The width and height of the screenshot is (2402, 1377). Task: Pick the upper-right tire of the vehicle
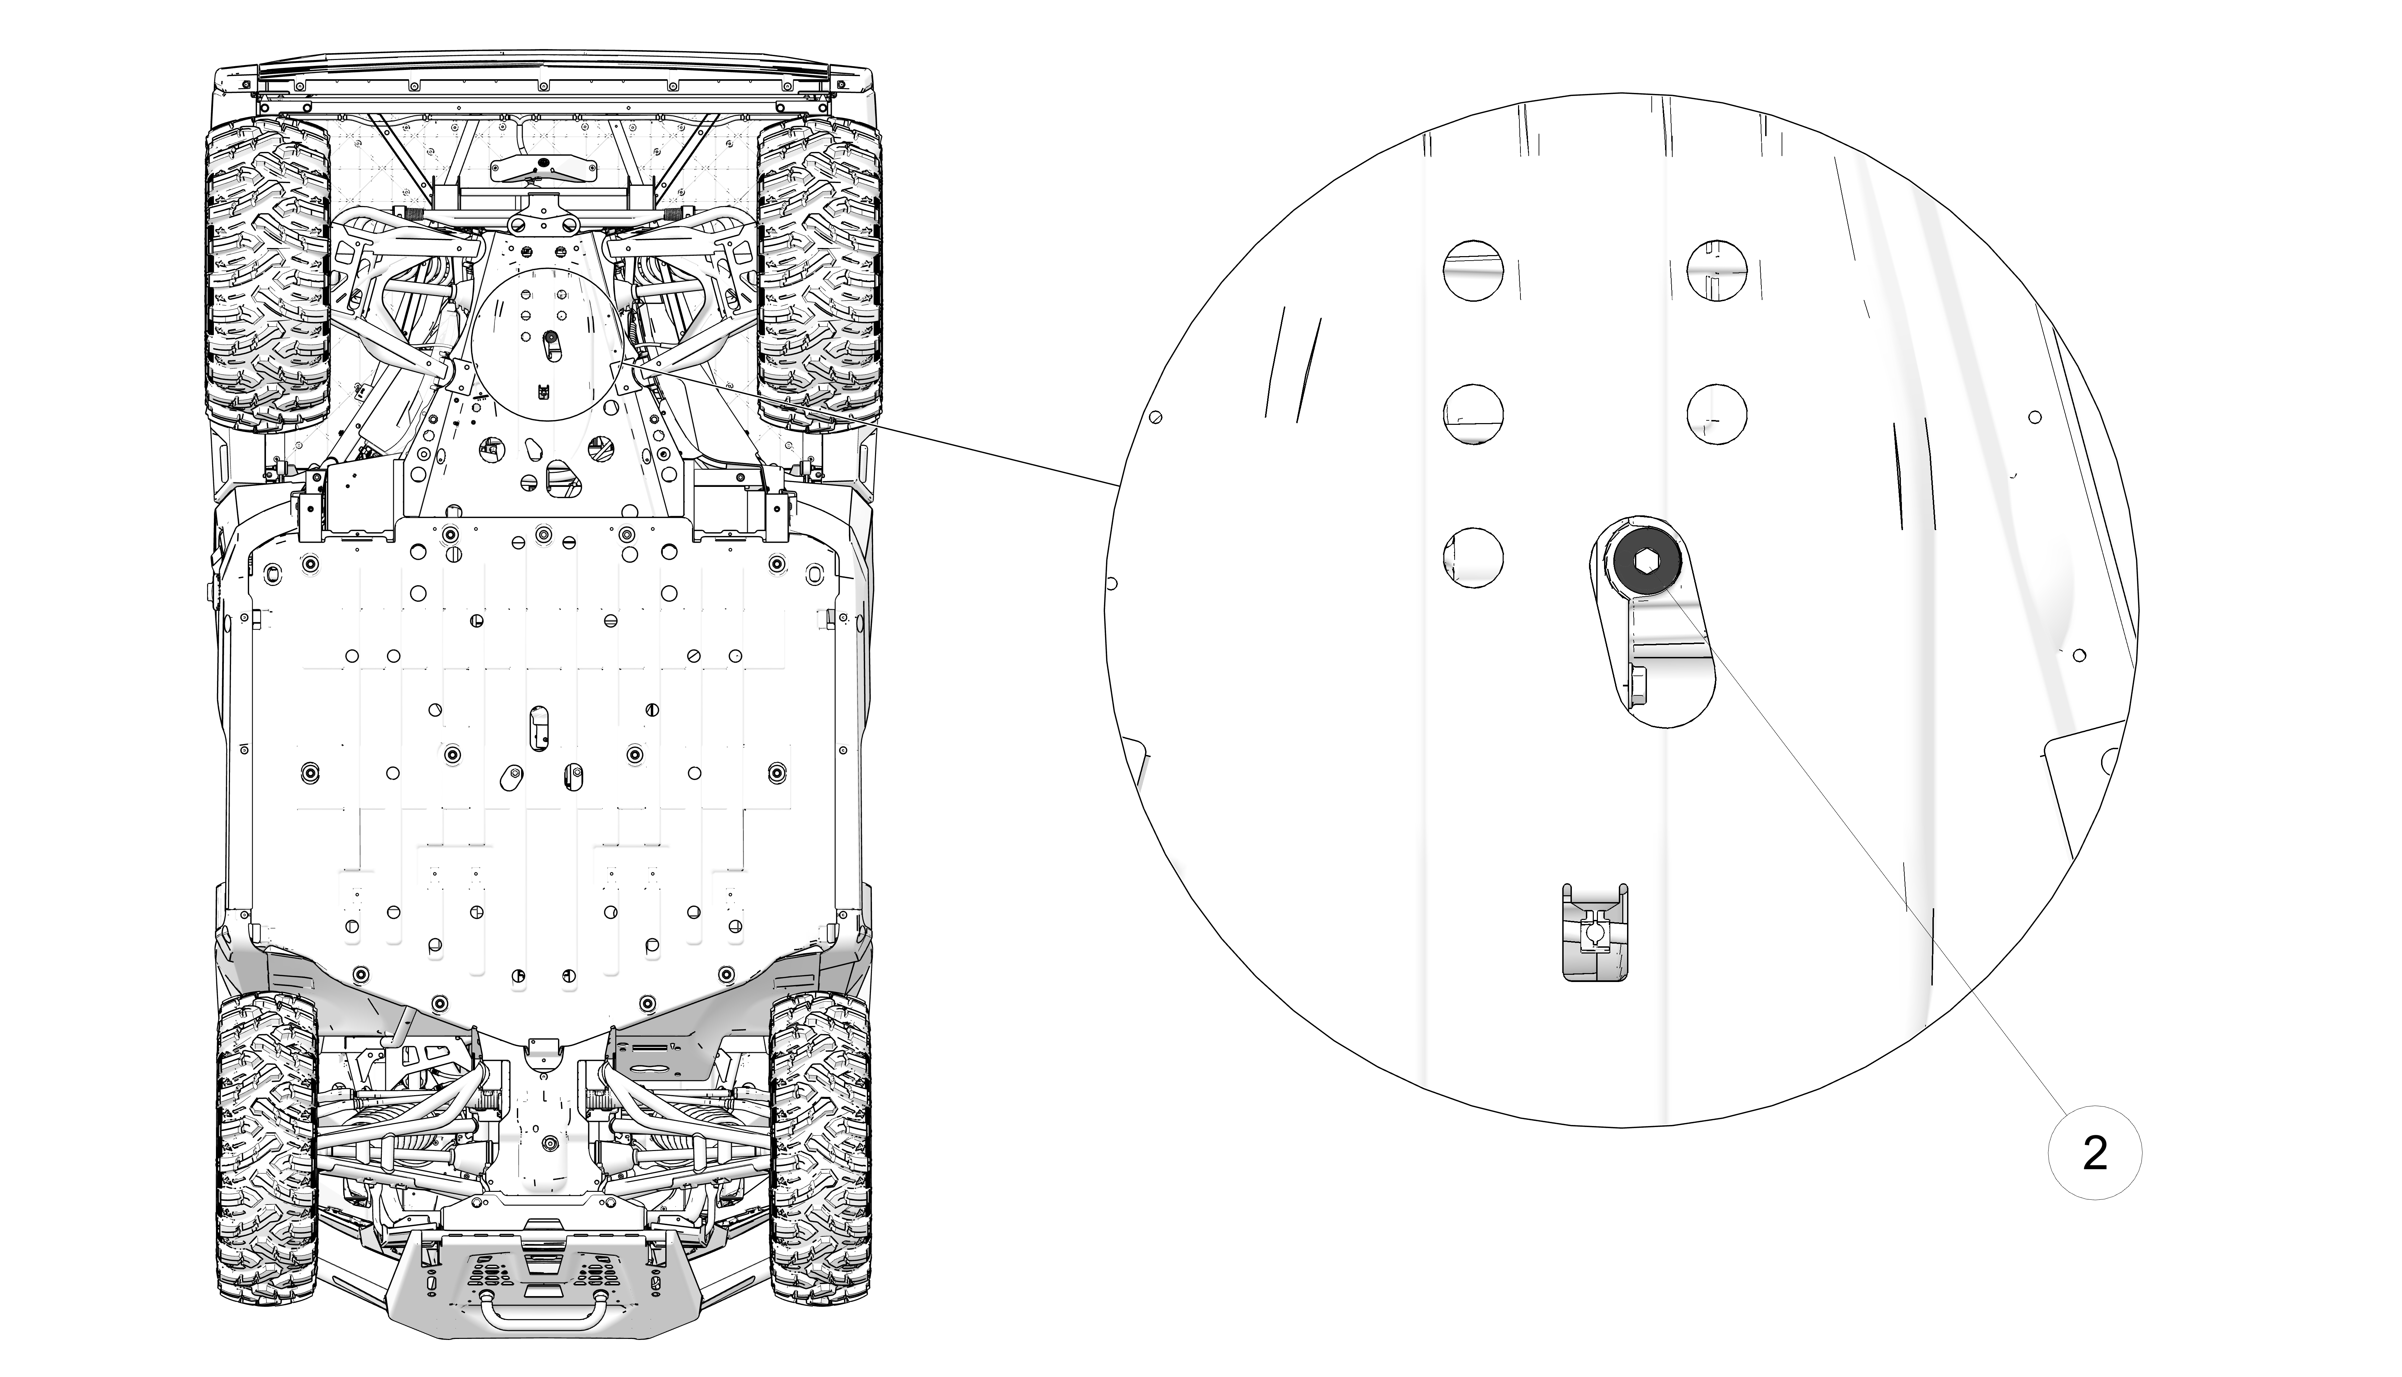[820, 274]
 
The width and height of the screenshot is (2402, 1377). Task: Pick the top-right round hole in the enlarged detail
[1716, 268]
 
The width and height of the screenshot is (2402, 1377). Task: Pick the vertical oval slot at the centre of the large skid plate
[539, 727]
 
